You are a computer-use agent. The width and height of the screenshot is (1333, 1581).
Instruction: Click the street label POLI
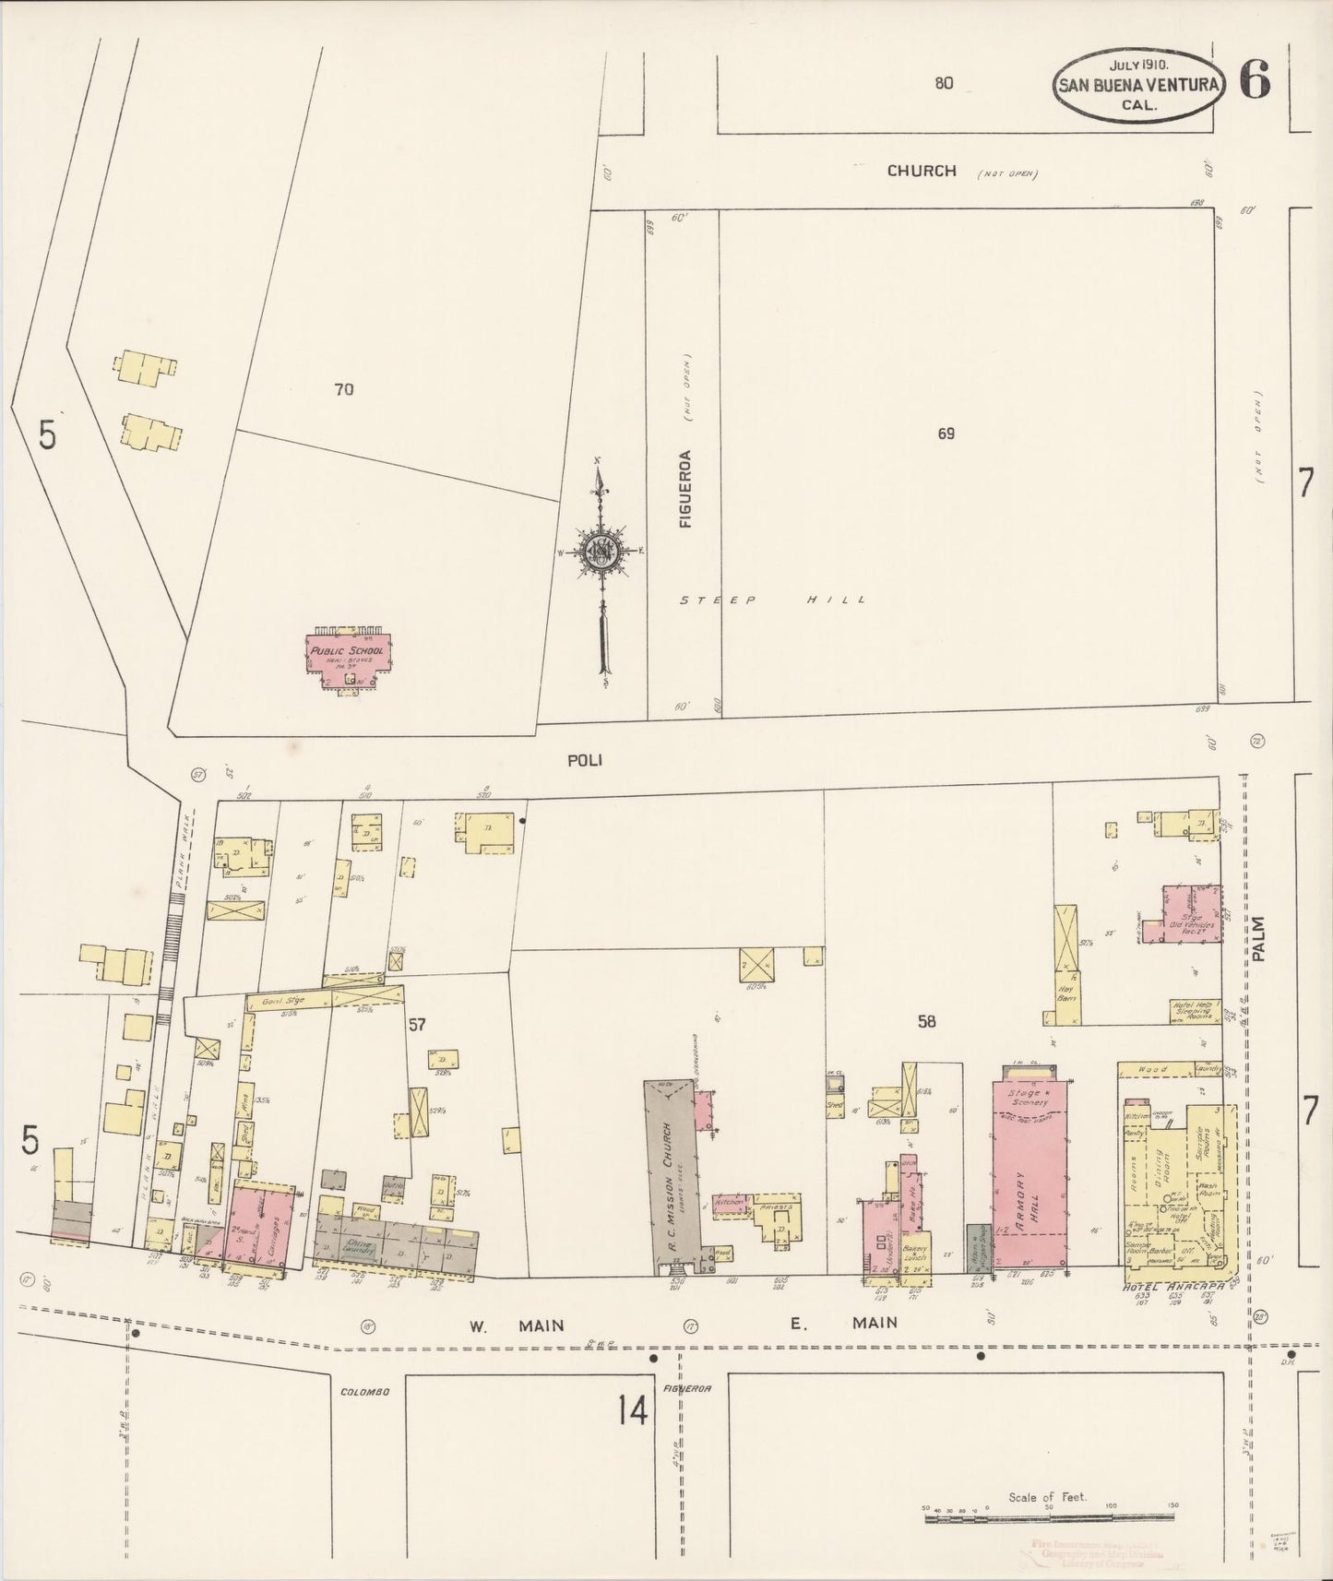click(x=586, y=760)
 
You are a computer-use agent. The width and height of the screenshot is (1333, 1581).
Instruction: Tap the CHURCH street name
click(x=922, y=171)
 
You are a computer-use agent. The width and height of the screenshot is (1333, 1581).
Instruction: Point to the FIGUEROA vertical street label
click(x=685, y=488)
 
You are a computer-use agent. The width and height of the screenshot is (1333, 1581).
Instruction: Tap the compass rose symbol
click(x=601, y=552)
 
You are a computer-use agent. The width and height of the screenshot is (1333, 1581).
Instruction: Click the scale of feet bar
click(x=1049, y=1509)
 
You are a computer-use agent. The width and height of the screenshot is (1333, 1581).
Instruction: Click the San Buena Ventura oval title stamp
click(x=1140, y=84)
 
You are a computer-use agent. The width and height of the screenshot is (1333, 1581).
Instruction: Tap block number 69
click(x=946, y=433)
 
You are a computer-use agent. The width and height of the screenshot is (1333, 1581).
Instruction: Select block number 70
click(x=343, y=389)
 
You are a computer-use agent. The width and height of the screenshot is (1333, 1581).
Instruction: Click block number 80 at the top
click(x=943, y=83)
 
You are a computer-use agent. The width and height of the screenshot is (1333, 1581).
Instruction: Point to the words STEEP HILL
click(x=773, y=600)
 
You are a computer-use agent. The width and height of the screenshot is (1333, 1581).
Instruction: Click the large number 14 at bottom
click(x=633, y=1410)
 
